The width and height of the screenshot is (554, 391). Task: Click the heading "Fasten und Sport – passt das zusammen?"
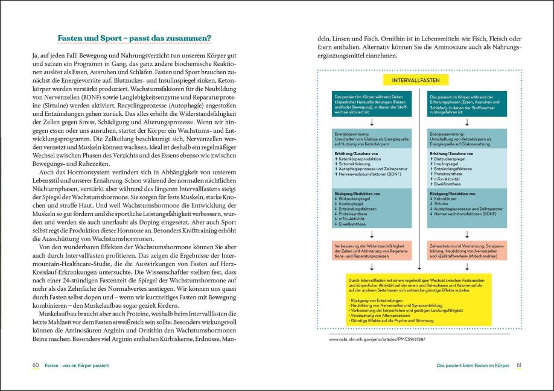[134, 39]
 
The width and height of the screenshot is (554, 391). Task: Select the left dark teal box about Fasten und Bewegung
[371, 103]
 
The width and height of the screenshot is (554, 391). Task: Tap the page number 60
[36, 366]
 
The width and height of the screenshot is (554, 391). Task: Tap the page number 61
[518, 366]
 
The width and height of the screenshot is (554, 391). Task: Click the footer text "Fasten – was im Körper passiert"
[77, 366]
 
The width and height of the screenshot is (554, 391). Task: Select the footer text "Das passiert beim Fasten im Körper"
[473, 366]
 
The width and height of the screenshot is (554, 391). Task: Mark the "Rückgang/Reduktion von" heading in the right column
[451, 193]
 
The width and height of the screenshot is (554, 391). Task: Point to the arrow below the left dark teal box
[371, 122]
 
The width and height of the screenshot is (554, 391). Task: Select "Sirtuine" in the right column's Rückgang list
[443, 203]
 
